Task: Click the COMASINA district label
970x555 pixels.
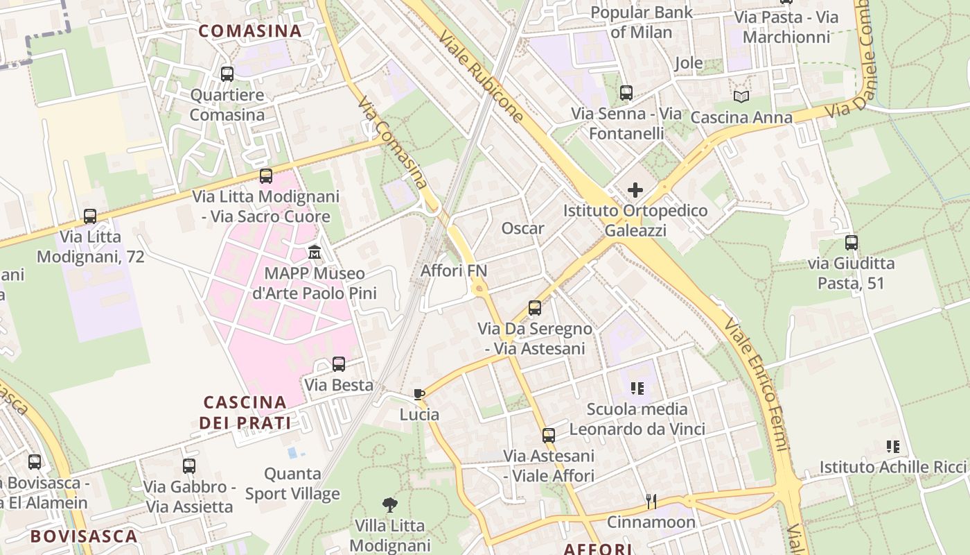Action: click(250, 31)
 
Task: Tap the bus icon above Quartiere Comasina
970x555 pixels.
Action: click(227, 74)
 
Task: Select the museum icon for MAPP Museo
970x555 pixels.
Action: click(315, 251)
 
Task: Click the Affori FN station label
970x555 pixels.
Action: click(454, 271)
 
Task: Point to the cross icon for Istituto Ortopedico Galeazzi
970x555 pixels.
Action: click(635, 189)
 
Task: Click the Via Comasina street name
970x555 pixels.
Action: click(391, 142)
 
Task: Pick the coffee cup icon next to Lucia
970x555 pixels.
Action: click(418, 394)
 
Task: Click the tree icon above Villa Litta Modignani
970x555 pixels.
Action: click(390, 504)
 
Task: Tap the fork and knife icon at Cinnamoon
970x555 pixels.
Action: click(651, 501)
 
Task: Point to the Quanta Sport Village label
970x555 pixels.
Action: click(292, 484)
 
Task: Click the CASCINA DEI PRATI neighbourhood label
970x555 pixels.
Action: click(245, 412)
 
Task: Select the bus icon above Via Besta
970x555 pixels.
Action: click(339, 364)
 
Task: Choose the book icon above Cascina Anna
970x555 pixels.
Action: click(741, 96)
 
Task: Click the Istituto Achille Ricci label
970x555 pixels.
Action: click(892, 467)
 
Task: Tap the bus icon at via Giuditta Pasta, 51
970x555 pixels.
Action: click(851, 243)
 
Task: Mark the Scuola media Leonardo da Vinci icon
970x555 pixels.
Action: click(637, 388)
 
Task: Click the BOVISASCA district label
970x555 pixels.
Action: click(84, 536)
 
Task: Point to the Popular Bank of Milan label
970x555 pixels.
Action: click(642, 22)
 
